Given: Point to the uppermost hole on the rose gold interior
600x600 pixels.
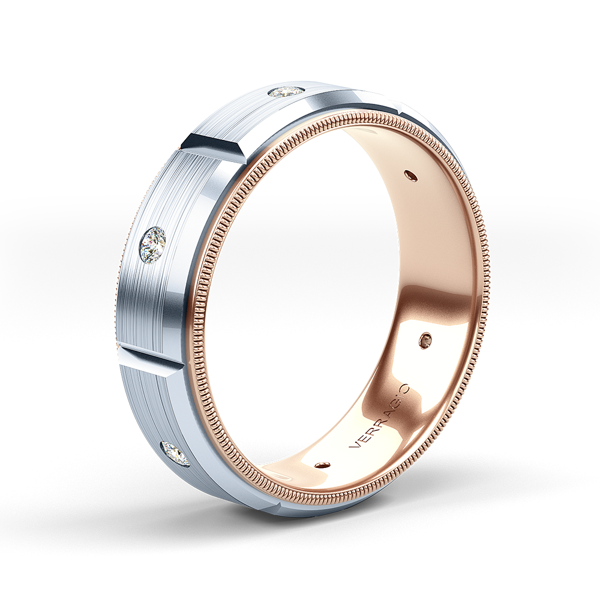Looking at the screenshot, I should point(410,175).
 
